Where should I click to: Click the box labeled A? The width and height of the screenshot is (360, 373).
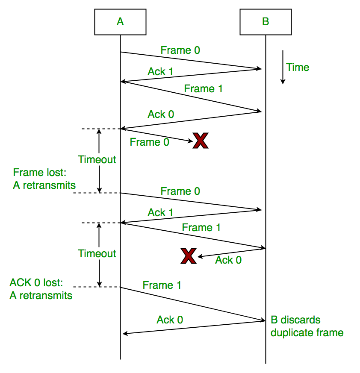click(x=120, y=21)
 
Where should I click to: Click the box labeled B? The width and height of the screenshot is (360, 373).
click(x=266, y=21)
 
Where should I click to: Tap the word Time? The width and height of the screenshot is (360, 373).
click(x=298, y=67)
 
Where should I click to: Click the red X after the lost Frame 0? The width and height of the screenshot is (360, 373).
click(x=200, y=141)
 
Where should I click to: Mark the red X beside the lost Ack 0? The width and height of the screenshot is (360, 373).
click(x=188, y=256)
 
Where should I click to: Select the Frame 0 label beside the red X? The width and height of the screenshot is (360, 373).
click(x=149, y=142)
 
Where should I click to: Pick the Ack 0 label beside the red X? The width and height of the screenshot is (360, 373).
click(x=228, y=260)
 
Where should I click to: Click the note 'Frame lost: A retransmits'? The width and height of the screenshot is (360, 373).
click(x=44, y=179)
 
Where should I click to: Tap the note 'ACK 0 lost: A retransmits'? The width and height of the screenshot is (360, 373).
click(x=41, y=289)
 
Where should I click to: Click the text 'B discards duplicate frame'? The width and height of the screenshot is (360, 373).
click(x=307, y=326)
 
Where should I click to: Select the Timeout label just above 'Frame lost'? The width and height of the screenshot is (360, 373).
click(x=97, y=160)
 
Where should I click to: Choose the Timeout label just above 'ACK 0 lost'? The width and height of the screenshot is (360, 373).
click(x=97, y=254)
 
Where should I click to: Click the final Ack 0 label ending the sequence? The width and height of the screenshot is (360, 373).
click(x=170, y=320)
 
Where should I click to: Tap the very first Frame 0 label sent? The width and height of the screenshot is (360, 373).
click(x=180, y=50)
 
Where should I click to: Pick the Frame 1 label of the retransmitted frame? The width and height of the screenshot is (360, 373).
click(x=162, y=285)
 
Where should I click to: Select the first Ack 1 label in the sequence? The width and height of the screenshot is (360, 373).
click(x=160, y=71)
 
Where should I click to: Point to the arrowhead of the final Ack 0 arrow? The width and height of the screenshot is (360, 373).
click(x=125, y=333)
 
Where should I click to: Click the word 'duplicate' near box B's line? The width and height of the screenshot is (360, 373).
click(x=289, y=332)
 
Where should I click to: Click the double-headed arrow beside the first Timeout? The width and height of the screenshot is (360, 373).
click(x=99, y=161)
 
